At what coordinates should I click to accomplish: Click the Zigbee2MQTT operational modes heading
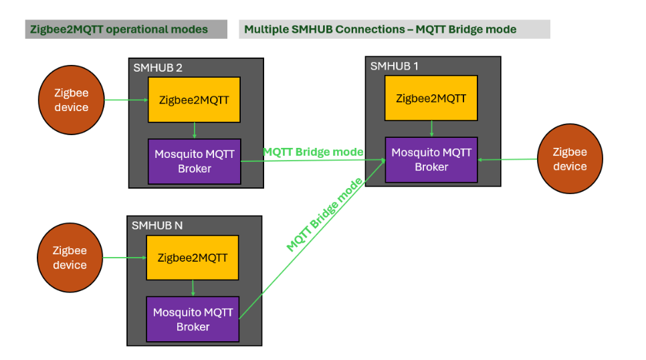click(x=119, y=29)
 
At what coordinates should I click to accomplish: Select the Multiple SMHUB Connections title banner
click(x=380, y=29)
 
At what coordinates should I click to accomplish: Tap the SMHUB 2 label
click(x=158, y=68)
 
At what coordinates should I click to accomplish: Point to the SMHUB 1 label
click(x=395, y=66)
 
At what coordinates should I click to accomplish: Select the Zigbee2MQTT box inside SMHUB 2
click(x=194, y=100)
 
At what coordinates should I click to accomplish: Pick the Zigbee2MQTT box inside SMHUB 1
click(x=431, y=98)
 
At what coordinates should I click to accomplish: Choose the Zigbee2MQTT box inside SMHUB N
click(x=193, y=258)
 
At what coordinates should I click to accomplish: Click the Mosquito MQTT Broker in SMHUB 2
click(x=194, y=161)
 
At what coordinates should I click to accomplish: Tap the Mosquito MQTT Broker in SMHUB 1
click(x=431, y=160)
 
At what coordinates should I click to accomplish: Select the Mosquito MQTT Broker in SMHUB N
click(x=193, y=319)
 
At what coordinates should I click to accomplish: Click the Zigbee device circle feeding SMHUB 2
click(x=72, y=100)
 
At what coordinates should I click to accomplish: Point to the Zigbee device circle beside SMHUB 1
click(x=570, y=159)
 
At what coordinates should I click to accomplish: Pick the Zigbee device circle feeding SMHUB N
click(x=70, y=258)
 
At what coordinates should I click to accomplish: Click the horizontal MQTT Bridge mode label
click(x=313, y=152)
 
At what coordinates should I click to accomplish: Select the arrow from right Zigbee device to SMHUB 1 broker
click(x=508, y=159)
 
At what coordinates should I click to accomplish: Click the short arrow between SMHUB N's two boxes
click(x=193, y=288)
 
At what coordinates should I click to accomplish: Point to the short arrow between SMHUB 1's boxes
click(x=431, y=128)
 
